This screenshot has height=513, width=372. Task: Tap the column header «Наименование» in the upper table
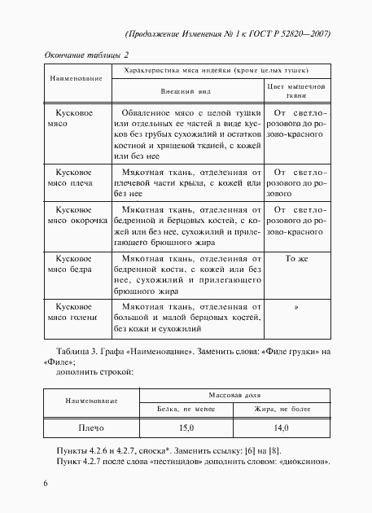(x=77, y=78)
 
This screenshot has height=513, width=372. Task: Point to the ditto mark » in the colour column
(x=296, y=308)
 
